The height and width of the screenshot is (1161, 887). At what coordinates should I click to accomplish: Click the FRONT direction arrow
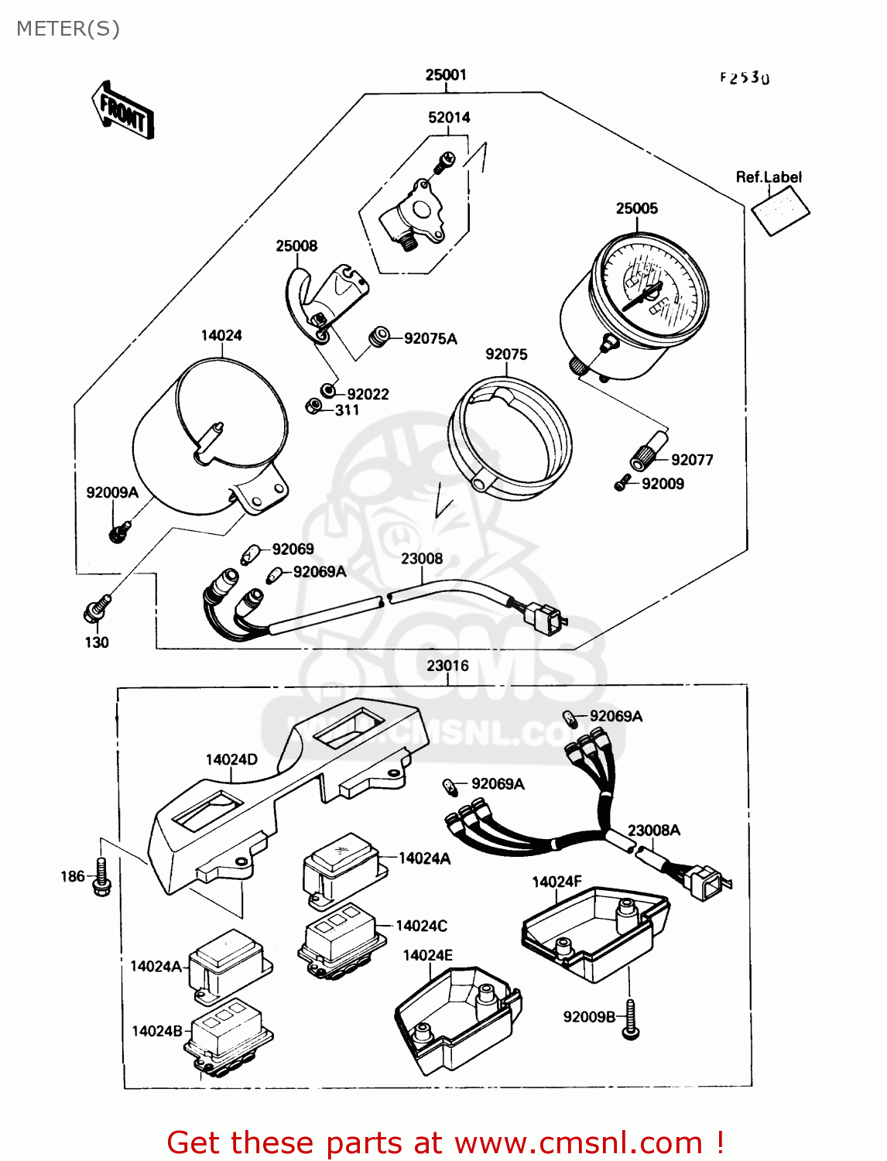[x=123, y=111]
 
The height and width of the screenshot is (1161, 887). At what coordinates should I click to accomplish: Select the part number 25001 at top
[x=446, y=75]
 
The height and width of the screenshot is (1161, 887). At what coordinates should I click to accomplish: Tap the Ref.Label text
[x=769, y=177]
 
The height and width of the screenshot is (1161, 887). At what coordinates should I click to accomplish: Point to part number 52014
[x=449, y=118]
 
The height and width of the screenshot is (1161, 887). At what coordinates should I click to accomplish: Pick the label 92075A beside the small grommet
[x=430, y=338]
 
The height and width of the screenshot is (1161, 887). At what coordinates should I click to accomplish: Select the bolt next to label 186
[x=101, y=877]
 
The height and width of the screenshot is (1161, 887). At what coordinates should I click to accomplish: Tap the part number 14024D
[x=231, y=759]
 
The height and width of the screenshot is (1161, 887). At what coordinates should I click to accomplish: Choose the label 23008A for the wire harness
[x=654, y=831]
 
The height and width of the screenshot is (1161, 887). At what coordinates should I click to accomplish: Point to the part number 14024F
[x=557, y=882]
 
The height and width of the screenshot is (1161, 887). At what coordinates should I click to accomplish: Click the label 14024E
[x=427, y=955]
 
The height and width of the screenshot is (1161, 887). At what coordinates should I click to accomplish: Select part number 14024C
[x=421, y=926]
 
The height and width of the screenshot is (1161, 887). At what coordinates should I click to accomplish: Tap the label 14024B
[x=157, y=1031]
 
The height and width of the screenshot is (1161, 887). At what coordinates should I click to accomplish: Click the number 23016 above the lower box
[x=447, y=666]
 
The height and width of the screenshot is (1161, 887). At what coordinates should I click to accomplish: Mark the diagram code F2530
[x=745, y=78]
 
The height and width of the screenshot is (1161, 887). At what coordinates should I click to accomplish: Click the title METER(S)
[x=68, y=29]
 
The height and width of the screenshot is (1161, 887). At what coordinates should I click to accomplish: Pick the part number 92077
[x=692, y=460]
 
